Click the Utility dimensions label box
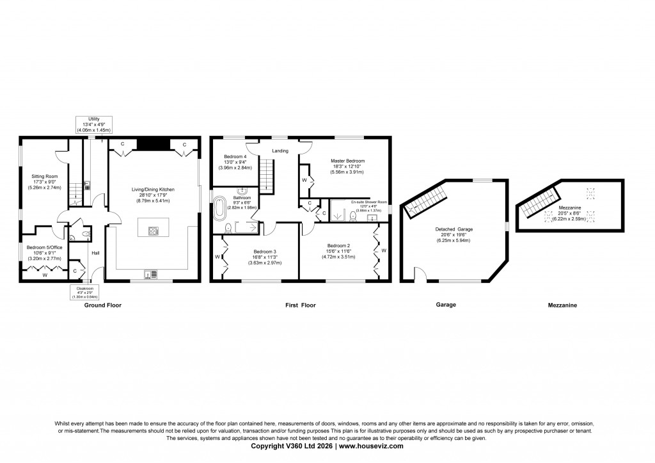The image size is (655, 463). (x=94, y=124)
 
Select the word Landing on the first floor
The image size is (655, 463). (x=280, y=151)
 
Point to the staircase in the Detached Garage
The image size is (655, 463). (x=424, y=202)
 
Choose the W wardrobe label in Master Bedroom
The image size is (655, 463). (x=304, y=181)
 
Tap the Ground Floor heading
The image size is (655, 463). (x=103, y=305)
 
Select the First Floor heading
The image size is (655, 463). (x=300, y=305)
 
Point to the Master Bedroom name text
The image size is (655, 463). (x=347, y=161)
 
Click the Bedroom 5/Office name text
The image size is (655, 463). (x=45, y=247)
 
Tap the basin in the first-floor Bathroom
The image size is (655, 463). (x=244, y=191)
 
